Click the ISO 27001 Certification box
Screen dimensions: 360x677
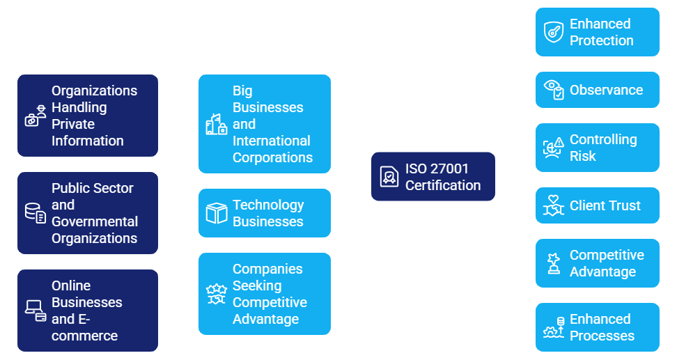tap(433, 177)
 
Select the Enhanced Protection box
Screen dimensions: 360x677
tap(597, 32)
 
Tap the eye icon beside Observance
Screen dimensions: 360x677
tap(554, 90)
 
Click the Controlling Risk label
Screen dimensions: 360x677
tap(602, 148)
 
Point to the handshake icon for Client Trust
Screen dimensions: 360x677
tap(554, 205)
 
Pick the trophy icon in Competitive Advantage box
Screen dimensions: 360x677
tap(554, 263)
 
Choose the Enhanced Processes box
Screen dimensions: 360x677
tap(597, 327)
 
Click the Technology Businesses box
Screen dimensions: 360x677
tap(264, 213)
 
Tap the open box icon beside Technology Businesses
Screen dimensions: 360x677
tap(217, 213)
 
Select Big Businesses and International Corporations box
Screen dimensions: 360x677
tap(264, 124)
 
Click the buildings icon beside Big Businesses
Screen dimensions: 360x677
tap(217, 124)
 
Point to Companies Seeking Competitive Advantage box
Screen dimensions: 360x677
tap(264, 294)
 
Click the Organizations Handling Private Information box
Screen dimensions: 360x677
tap(88, 116)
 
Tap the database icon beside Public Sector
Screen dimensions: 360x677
tap(36, 213)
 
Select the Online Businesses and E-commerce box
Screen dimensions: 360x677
tap(88, 311)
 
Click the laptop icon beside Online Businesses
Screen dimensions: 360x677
tap(36, 311)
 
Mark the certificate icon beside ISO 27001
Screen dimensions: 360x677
tap(389, 177)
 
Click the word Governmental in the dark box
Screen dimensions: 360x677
tap(95, 221)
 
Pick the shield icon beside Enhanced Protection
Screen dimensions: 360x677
tap(554, 32)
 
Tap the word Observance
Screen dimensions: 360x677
tap(606, 90)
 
